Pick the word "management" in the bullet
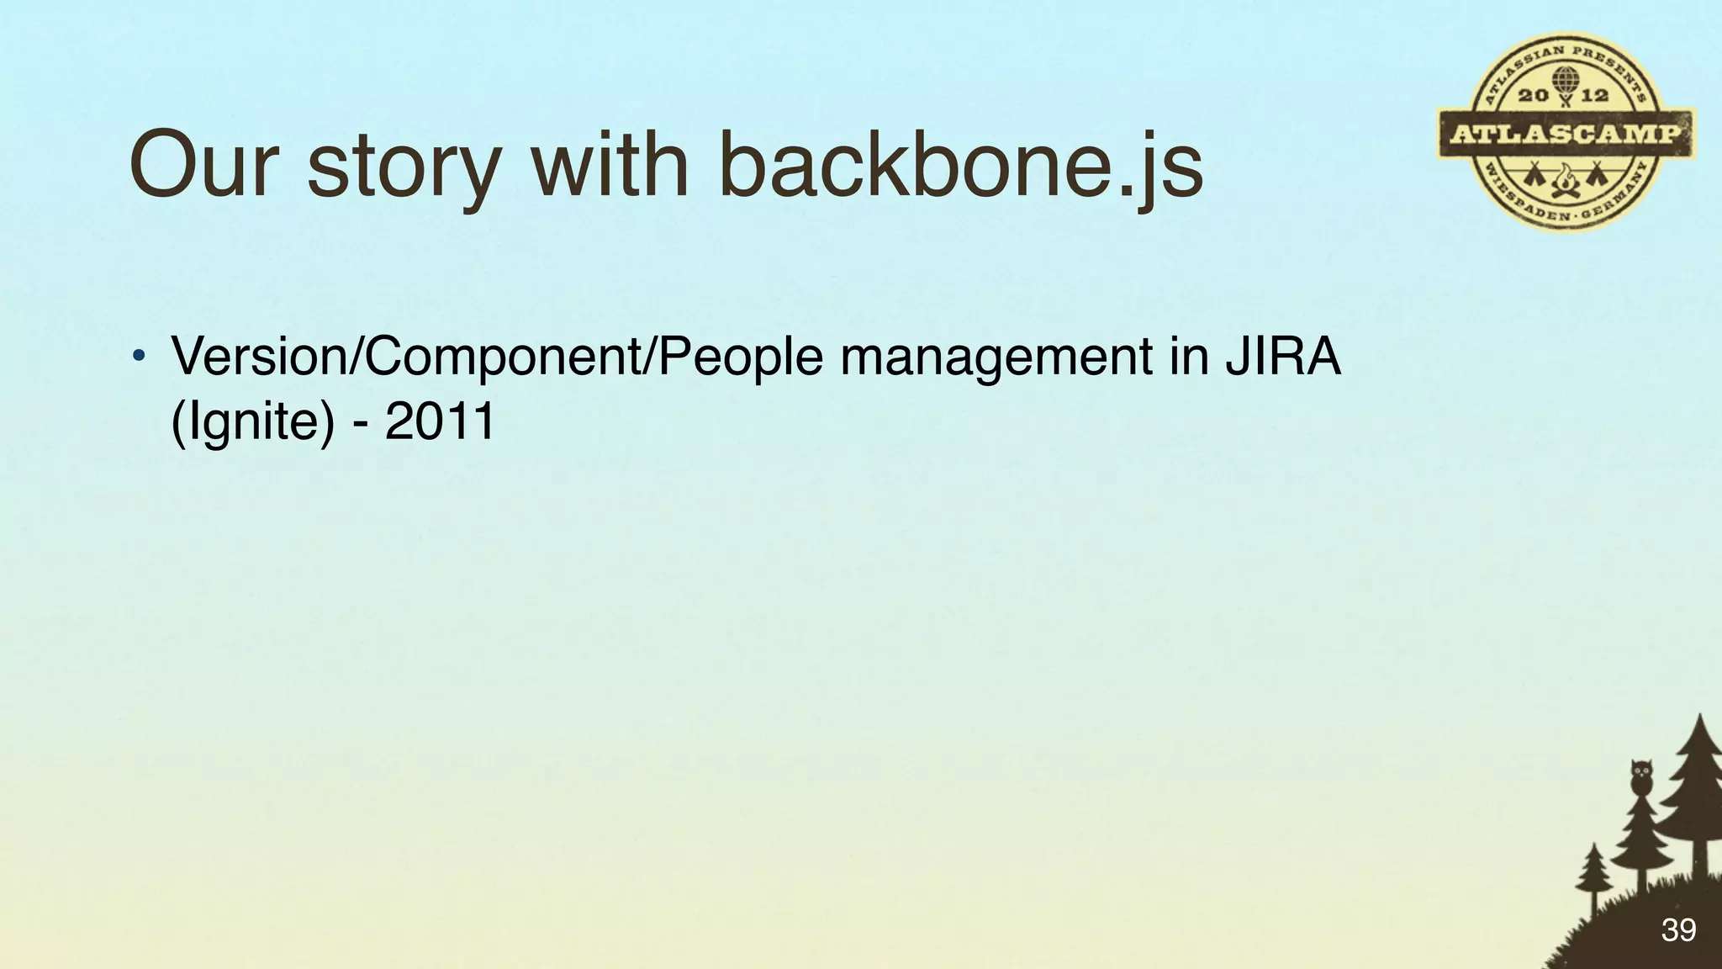[996, 357]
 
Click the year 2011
[440, 421]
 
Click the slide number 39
[1678, 930]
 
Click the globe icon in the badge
[1565, 82]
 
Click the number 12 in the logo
[1594, 95]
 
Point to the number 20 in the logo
[1534, 95]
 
